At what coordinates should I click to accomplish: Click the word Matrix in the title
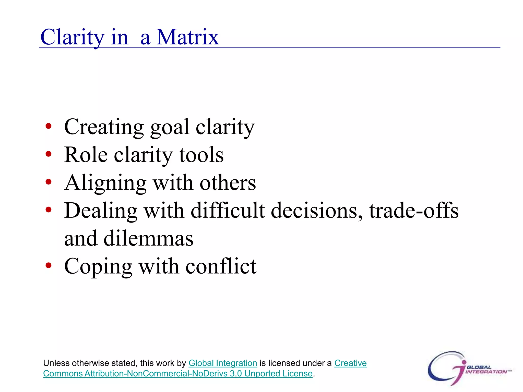[x=188, y=38]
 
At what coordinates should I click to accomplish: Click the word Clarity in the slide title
[x=72, y=38]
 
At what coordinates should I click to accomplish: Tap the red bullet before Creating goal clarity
[x=48, y=126]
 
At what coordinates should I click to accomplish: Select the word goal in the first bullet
[x=170, y=127]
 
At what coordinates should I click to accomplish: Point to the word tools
[x=201, y=155]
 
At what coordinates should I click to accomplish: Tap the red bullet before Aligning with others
[x=48, y=182]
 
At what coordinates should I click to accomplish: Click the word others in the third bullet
[x=228, y=183]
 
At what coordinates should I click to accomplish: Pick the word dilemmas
[x=148, y=238]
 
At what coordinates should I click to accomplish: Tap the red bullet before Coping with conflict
[x=48, y=265]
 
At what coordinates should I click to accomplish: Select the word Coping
[x=98, y=267]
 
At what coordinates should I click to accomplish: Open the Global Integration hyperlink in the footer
[x=223, y=363]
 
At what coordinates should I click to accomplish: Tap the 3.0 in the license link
[x=235, y=373]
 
